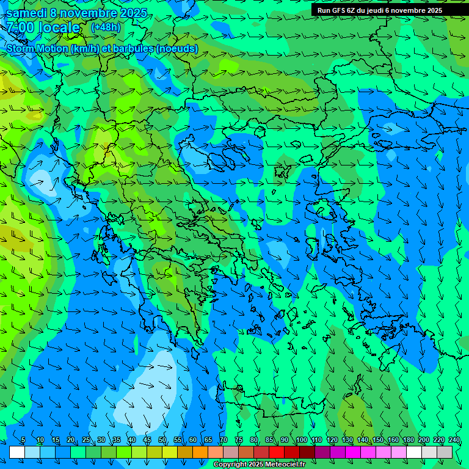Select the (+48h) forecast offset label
pyautogui.click(x=106, y=27)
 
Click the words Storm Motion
pyautogui.click(x=37, y=48)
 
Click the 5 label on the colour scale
pyautogui.click(x=23, y=440)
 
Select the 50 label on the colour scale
pyautogui.click(x=162, y=440)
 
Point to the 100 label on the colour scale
pyautogui.click(x=302, y=440)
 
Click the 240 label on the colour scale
pyautogui.click(x=454, y=440)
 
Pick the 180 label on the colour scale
pyautogui.click(x=408, y=440)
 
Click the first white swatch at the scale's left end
pyautogui.click(x=17, y=452)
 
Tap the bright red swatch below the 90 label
pyautogui.click(x=277, y=452)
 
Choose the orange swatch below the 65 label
pyautogui.click(x=200, y=452)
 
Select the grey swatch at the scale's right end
pyautogui.click(x=445, y=452)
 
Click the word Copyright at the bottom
pyautogui.click(x=230, y=465)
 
